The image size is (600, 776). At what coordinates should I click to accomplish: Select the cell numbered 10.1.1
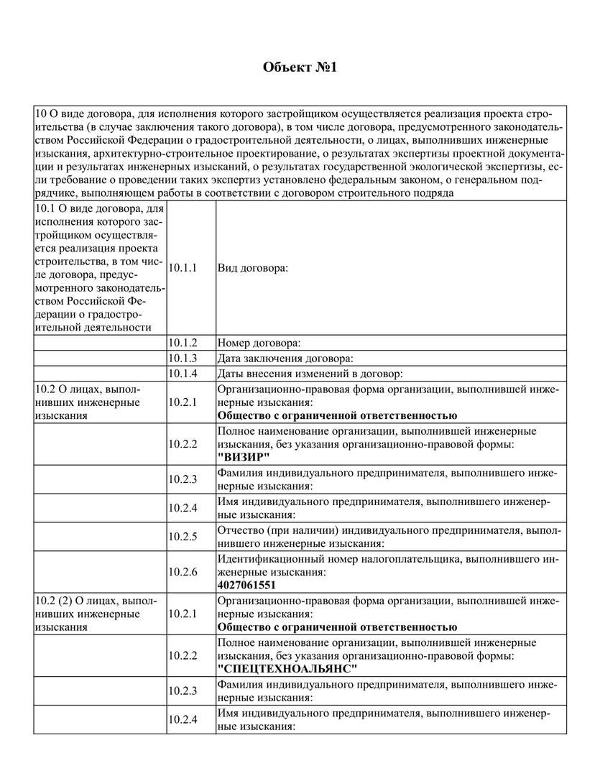click(183, 268)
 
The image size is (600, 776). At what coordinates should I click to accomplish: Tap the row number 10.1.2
click(183, 343)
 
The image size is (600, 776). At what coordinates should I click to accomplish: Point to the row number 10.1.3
click(183, 358)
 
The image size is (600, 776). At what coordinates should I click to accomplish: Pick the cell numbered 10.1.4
click(183, 373)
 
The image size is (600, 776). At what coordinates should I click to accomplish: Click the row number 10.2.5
click(183, 536)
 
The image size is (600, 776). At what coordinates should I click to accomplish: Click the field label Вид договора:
click(252, 268)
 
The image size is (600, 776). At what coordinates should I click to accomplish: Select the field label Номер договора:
click(259, 343)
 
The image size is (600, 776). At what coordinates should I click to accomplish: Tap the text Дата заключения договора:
click(285, 358)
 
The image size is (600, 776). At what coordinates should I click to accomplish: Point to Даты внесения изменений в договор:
click(309, 373)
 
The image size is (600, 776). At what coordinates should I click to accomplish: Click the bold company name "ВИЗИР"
click(244, 458)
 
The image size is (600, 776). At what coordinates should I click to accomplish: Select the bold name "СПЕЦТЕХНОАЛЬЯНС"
click(287, 668)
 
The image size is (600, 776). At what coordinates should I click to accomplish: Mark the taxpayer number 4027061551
click(246, 585)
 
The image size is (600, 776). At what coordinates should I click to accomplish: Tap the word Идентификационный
click(261, 558)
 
